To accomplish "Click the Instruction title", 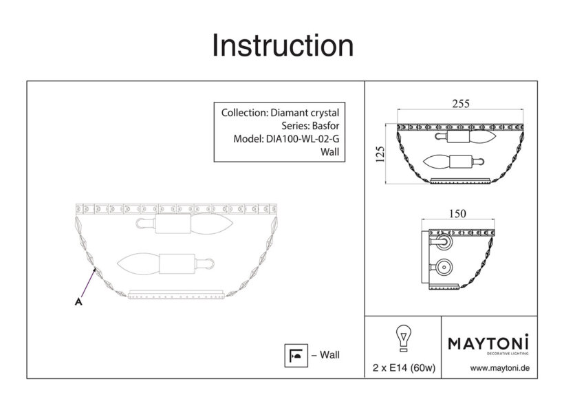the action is pyautogui.click(x=283, y=45).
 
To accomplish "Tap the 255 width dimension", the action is pyautogui.click(x=460, y=104).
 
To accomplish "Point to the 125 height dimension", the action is pyautogui.click(x=380, y=154).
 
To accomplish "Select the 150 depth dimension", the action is pyautogui.click(x=457, y=214).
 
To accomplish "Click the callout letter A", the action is pyautogui.click(x=78, y=301).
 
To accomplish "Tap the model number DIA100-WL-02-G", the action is pyautogui.click(x=302, y=139).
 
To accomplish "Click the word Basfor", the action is pyautogui.click(x=325, y=126).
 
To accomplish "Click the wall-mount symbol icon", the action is pyautogui.click(x=296, y=356).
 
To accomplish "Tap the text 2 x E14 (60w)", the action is pyautogui.click(x=404, y=367).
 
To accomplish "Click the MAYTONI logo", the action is pyautogui.click(x=488, y=343).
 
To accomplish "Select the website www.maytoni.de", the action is pyautogui.click(x=499, y=368).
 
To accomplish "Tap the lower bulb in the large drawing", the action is pyautogui.click(x=139, y=263).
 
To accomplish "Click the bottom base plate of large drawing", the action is pyautogui.click(x=177, y=294).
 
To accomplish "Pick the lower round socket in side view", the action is pyautogui.click(x=444, y=268).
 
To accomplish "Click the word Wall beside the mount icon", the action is pyautogui.click(x=329, y=355).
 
